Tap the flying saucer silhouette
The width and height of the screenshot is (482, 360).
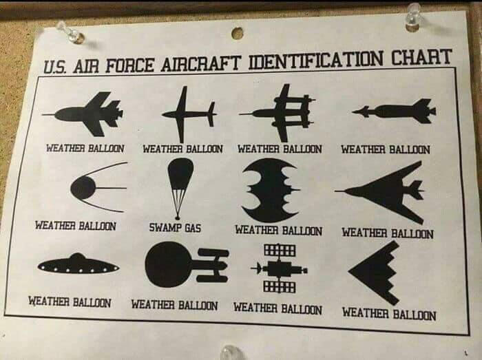click(x=78, y=264)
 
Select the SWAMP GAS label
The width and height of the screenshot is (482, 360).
click(x=175, y=228)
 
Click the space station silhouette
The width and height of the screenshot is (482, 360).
click(x=280, y=268)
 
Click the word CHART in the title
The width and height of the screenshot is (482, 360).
click(x=421, y=57)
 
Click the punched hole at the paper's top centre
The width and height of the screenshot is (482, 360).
click(x=237, y=33)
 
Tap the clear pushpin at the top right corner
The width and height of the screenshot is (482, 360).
click(x=413, y=16)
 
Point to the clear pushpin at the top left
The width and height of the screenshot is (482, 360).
click(x=72, y=33)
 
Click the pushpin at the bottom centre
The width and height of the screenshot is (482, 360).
click(x=231, y=352)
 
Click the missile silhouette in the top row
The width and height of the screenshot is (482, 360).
click(x=394, y=112)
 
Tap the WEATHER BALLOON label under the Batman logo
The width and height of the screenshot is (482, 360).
click(x=278, y=231)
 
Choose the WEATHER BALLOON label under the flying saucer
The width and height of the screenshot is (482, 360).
click(x=70, y=301)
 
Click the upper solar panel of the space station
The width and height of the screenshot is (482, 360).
click(x=280, y=249)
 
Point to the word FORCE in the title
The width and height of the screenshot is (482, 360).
click(x=129, y=65)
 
